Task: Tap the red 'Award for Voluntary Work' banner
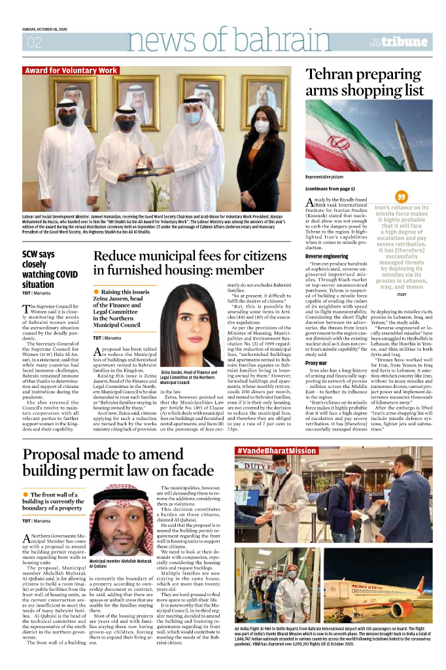coord(71,71)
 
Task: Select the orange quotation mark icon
coord(402,196)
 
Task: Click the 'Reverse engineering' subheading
coord(326,256)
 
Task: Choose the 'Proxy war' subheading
coord(317,362)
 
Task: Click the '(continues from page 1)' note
coord(330,188)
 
